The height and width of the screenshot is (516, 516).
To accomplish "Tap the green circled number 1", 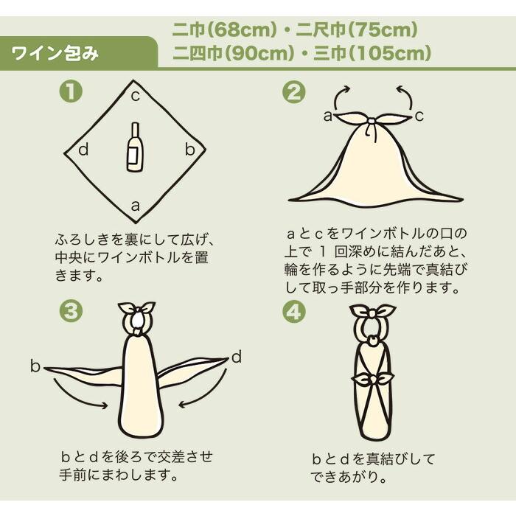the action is (71, 92).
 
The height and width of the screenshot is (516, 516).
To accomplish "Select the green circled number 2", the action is (294, 92).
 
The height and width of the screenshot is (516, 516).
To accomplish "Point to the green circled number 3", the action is (71, 312).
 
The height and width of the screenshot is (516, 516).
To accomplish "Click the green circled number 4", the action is (294, 312).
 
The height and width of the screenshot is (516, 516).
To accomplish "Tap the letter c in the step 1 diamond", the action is (135, 96).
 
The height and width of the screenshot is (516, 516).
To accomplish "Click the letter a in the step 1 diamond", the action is (135, 206).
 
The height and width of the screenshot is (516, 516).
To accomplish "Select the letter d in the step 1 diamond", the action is (83, 150).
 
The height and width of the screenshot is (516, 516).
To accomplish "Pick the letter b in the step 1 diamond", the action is (190, 150).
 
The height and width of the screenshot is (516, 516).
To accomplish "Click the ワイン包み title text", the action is (55, 53).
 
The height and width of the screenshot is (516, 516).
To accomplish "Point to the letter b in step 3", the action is (35, 366).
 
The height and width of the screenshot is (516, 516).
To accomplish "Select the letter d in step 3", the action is (237, 357).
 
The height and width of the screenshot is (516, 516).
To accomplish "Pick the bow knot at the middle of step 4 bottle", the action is (372, 380).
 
